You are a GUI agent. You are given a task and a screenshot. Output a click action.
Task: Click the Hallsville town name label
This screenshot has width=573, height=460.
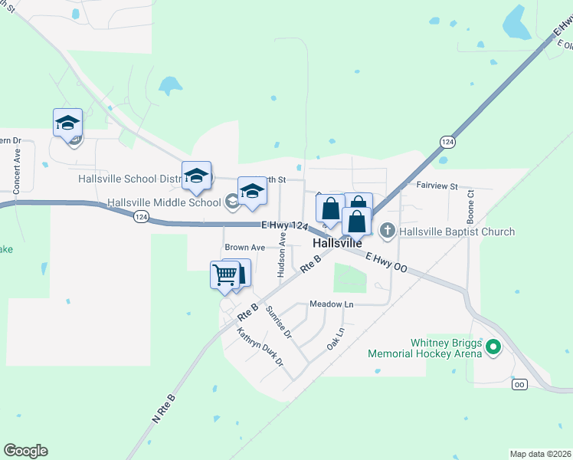click(336, 243)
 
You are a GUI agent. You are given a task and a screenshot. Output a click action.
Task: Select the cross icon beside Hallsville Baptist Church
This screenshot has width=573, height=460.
click(388, 230)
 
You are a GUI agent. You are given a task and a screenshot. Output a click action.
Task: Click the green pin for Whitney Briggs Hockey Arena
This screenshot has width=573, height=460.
click(494, 347)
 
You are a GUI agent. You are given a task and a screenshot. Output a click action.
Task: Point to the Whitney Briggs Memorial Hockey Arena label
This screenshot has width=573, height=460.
click(424, 348)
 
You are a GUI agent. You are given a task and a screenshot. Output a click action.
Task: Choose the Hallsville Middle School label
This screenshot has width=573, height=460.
click(164, 203)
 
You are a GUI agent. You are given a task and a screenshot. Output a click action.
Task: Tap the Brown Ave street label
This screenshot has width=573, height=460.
click(244, 248)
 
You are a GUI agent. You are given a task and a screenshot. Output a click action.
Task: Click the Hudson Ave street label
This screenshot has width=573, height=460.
click(282, 257)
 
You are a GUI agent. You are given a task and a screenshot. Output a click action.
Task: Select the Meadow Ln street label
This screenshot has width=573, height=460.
click(331, 304)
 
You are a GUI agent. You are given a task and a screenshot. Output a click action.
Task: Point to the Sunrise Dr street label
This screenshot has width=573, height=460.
click(278, 322)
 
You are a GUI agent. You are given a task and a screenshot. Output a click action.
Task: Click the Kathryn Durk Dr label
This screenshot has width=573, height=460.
click(260, 347)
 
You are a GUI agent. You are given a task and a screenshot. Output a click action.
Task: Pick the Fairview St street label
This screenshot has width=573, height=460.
click(437, 186)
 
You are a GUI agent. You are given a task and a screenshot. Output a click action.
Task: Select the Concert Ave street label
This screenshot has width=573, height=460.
click(16, 170)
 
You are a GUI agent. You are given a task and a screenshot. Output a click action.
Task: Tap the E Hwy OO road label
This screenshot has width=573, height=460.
click(385, 263)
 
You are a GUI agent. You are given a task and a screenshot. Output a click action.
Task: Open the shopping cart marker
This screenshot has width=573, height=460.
click(224, 274)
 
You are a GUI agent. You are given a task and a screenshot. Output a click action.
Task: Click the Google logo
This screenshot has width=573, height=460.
click(25, 451)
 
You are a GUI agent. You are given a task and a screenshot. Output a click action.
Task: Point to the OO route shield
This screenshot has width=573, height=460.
click(519, 384)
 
